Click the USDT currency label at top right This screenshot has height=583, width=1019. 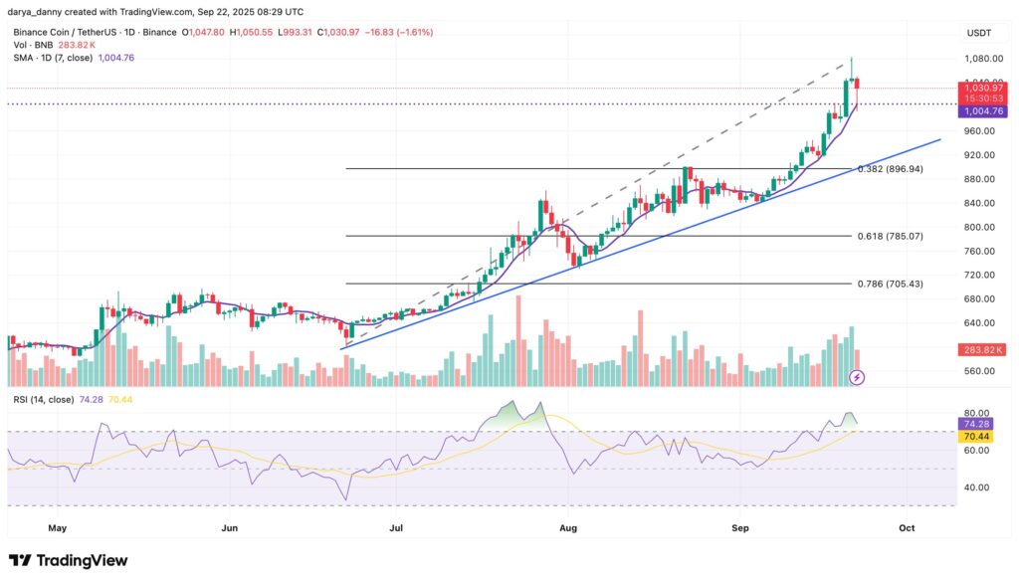(x=979, y=33)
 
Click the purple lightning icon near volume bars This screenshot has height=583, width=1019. (x=858, y=377)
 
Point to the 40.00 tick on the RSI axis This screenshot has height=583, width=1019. (x=975, y=487)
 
